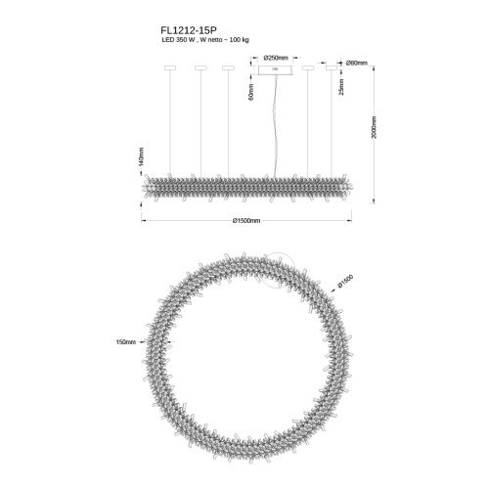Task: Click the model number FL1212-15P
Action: [189, 30]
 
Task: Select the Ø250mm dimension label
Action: [276, 58]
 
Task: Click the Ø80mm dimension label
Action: [357, 63]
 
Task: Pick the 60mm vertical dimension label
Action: [251, 92]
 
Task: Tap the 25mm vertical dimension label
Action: [341, 87]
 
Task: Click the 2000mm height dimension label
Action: [374, 127]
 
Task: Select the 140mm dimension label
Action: [141, 156]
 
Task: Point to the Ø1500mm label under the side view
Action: [246, 221]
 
